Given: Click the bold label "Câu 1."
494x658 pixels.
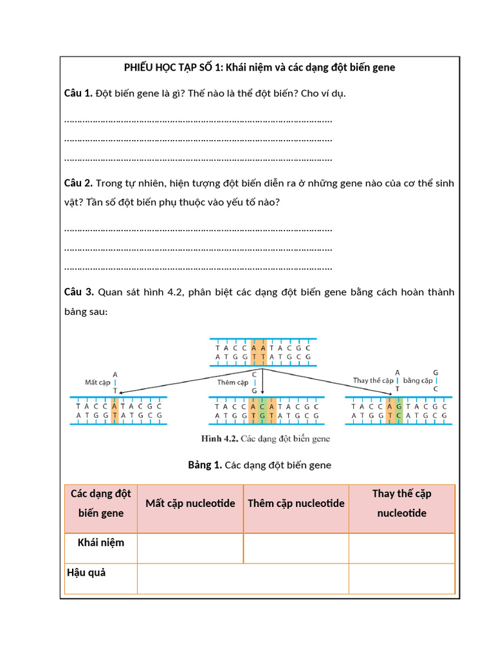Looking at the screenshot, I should click(78, 94).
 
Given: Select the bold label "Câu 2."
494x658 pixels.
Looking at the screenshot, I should click(78, 183).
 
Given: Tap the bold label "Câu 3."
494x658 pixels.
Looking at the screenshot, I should click(78, 292).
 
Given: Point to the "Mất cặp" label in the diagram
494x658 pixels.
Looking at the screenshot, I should click(98, 382).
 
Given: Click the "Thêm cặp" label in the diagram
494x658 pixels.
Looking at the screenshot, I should click(232, 382).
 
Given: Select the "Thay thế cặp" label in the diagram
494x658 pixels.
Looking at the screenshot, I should click(373, 380).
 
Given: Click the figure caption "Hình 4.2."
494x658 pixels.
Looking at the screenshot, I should click(220, 440).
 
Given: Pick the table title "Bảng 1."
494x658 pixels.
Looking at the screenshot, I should click(205, 465).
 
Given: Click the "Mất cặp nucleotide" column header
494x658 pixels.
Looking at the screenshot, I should click(190, 503).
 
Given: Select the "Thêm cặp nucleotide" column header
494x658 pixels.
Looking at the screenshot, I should click(296, 503).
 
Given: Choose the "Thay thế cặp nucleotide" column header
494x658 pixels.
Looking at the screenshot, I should click(401, 503).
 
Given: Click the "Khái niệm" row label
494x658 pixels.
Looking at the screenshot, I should click(101, 542).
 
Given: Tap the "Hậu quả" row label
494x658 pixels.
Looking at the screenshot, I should click(86, 573).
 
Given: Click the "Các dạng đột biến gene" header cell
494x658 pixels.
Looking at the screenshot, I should click(101, 503).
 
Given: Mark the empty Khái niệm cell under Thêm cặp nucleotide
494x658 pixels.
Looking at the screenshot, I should click(296, 548).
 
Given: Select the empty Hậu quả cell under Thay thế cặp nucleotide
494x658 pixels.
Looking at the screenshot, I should click(401, 578).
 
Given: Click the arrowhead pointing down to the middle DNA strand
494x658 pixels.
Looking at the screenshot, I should click(262, 392).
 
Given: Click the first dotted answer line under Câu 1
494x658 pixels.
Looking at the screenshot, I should click(198, 120).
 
